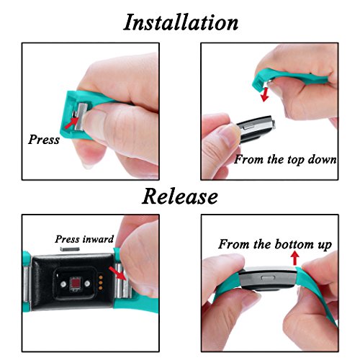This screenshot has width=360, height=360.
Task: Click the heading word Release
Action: [180, 195]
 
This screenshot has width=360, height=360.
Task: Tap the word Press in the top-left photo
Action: [44, 139]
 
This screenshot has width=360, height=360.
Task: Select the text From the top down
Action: [285, 158]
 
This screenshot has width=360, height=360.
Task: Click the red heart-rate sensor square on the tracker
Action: [75, 290]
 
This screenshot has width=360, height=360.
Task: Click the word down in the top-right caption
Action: [323, 158]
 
